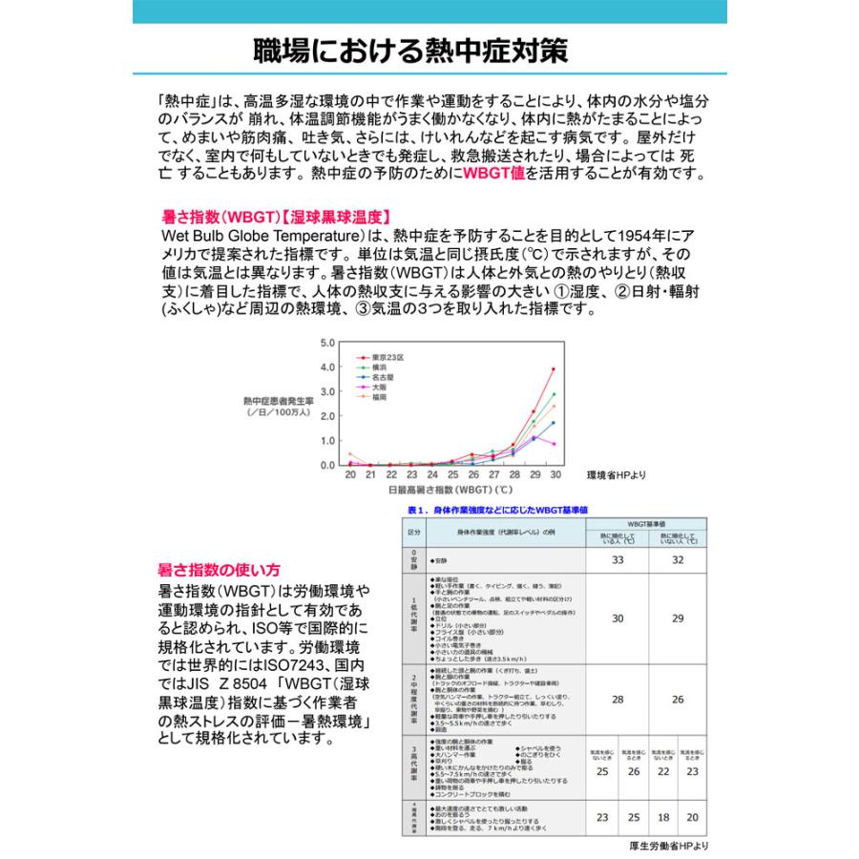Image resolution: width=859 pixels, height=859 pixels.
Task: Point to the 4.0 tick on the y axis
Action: tap(327, 367)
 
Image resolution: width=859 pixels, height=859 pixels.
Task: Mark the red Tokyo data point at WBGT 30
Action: tap(554, 369)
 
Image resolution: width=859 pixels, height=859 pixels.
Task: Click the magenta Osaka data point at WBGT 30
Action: tap(554, 444)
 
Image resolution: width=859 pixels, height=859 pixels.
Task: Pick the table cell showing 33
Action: tap(617, 559)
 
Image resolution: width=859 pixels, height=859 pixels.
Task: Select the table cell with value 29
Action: tap(678, 618)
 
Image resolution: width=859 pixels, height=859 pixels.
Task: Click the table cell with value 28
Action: tap(617, 699)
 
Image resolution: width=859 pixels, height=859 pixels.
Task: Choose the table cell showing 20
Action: tap(692, 817)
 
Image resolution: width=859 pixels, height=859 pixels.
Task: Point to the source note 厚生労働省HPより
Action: tap(668, 846)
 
